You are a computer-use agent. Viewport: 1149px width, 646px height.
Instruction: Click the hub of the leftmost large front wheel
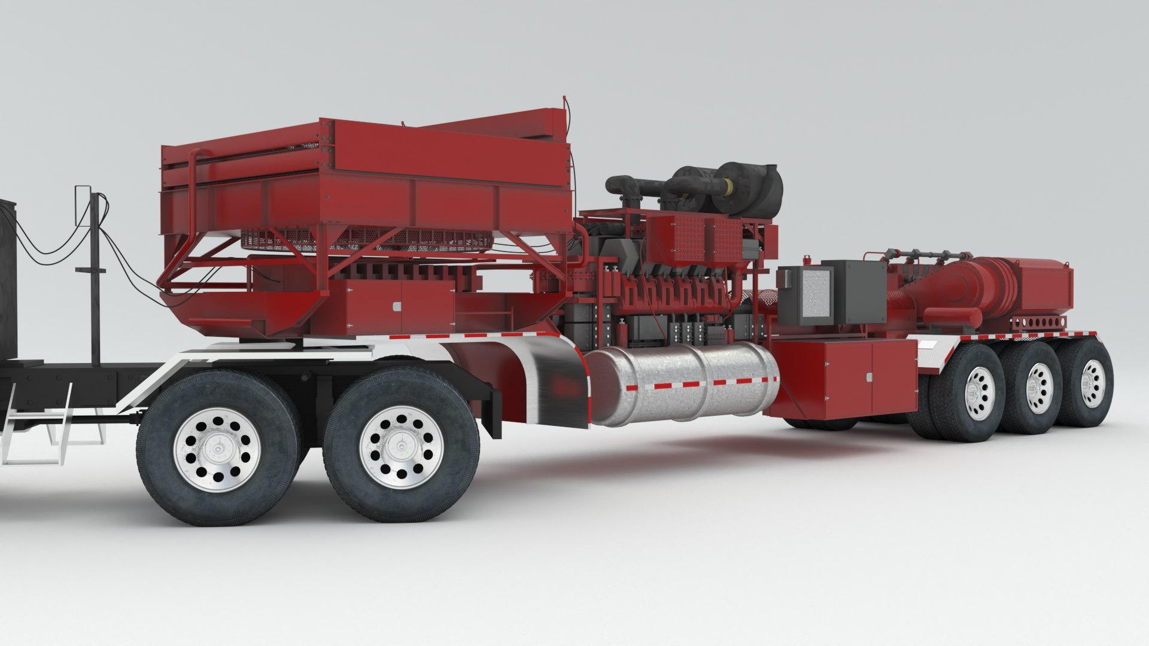tap(218, 448)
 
